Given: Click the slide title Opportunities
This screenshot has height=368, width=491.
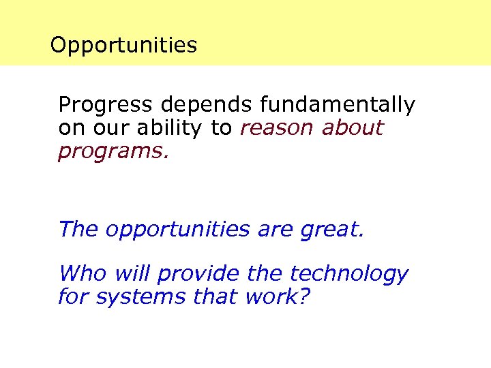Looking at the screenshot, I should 123,46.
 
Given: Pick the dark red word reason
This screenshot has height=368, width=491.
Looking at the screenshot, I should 277,127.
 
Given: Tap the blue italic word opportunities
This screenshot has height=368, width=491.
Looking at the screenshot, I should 178,229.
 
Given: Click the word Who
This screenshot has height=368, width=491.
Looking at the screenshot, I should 83,274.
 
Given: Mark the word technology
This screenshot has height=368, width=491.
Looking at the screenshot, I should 348,274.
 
